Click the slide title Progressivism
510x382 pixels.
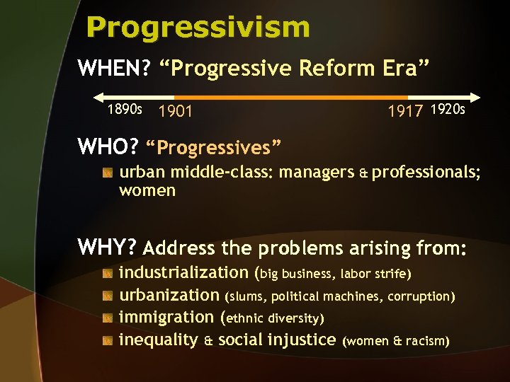click(198, 28)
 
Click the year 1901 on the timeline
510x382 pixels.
click(176, 111)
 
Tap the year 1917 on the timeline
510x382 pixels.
click(405, 111)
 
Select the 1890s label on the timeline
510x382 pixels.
click(125, 110)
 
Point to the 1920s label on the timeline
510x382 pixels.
click(448, 110)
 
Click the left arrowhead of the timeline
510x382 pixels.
click(98, 97)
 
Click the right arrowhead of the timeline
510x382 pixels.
click(475, 97)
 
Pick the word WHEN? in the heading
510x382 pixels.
click(115, 69)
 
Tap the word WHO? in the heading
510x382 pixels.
click(108, 147)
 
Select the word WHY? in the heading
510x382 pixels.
click(107, 248)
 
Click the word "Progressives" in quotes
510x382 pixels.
click(213, 148)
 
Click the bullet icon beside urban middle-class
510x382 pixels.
click(107, 172)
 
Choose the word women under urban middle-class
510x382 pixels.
click(147, 190)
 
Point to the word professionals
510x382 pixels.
click(426, 172)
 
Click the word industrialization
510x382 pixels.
click(183, 272)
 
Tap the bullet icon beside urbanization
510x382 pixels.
click(107, 295)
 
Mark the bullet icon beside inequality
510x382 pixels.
click(107, 340)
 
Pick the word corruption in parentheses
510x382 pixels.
click(424, 296)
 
